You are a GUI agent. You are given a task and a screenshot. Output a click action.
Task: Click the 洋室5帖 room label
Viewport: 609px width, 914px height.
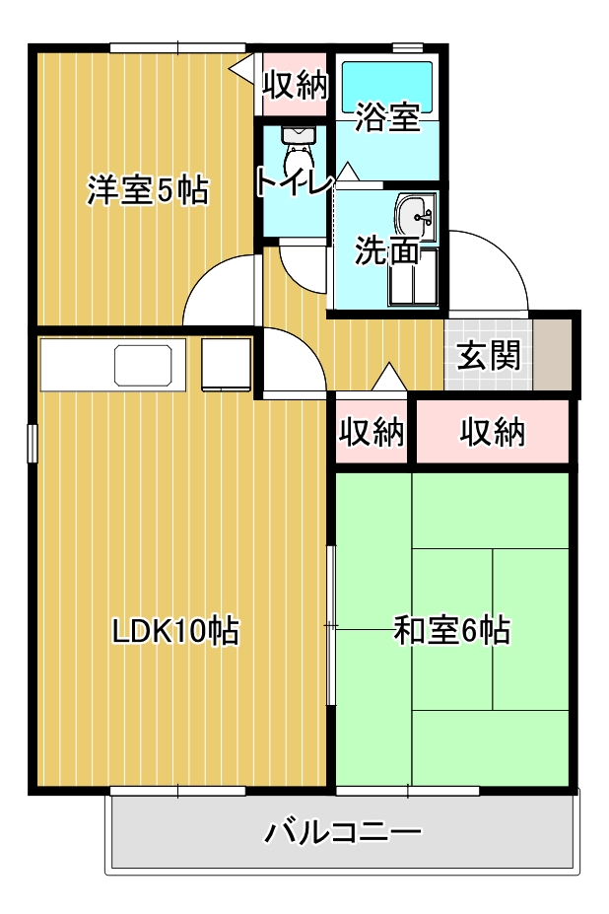tap(148, 189)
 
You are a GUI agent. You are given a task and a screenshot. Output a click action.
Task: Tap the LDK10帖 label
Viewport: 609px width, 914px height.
tap(175, 630)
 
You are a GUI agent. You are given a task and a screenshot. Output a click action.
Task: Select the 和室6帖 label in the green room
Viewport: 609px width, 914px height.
tap(452, 630)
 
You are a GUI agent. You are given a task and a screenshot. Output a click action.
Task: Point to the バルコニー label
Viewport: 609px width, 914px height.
tap(343, 832)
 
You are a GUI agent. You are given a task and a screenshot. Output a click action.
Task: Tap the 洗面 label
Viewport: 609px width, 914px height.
tap(387, 250)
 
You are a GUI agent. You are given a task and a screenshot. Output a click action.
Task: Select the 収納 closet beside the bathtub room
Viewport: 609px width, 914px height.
tap(295, 85)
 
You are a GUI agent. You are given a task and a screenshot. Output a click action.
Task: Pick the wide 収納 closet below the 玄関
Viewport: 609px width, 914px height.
tap(492, 432)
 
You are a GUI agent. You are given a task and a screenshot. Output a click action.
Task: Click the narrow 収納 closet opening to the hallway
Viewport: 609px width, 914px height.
tap(372, 432)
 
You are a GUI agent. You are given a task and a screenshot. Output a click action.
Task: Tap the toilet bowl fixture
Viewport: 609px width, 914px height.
tap(298, 150)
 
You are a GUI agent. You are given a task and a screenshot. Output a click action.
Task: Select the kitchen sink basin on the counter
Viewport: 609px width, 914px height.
tap(143, 366)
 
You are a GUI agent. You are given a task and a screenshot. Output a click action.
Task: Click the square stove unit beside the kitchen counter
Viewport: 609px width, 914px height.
tap(226, 364)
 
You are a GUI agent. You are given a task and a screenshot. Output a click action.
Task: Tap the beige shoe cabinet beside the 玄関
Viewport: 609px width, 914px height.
tap(553, 354)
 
